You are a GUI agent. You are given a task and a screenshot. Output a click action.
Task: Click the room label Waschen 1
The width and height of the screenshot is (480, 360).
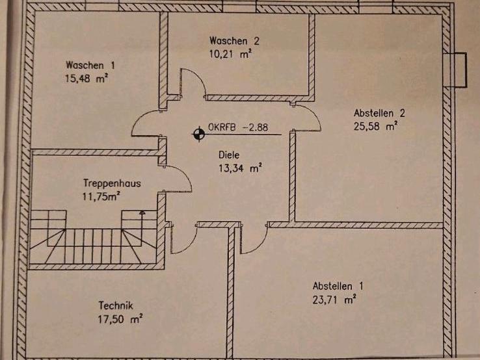(x=91, y=65)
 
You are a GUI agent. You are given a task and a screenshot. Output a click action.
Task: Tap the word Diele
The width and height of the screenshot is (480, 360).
(x=230, y=156)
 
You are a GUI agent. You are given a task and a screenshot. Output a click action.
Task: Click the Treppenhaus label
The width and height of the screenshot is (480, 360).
(x=112, y=183)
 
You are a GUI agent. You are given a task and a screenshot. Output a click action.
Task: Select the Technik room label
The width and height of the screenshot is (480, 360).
(x=116, y=305)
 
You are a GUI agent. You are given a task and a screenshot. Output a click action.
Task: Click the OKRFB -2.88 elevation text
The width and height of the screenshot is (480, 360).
(x=231, y=128)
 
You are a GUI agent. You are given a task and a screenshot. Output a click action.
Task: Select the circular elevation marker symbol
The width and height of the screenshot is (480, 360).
(x=197, y=135)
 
